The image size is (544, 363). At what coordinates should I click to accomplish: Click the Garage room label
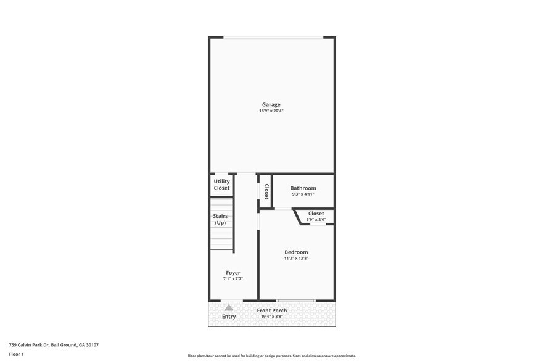click(271, 104)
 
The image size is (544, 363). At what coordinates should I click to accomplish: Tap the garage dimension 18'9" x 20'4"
click(271, 111)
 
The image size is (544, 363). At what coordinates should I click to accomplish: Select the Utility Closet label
click(222, 185)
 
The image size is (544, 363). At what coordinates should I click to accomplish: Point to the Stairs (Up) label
click(220, 219)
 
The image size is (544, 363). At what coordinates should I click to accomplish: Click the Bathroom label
click(303, 188)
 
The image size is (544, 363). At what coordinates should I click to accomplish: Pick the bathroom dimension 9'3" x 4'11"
click(303, 194)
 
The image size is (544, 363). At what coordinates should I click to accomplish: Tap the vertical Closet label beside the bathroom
click(266, 191)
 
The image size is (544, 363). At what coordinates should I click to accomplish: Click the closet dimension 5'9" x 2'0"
click(316, 220)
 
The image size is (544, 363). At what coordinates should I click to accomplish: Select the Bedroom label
click(296, 252)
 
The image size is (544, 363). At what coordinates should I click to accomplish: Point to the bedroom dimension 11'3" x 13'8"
click(296, 259)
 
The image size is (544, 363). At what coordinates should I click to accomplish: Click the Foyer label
click(233, 272)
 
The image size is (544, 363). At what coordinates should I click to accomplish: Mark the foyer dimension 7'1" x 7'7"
click(233, 279)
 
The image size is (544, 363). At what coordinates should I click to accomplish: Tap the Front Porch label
click(272, 310)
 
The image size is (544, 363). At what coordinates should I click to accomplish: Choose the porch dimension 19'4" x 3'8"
click(272, 317)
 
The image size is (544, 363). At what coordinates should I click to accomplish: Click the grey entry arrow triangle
click(229, 307)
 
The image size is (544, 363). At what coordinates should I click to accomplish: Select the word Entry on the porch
click(229, 317)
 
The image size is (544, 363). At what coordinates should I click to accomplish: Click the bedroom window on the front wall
click(296, 301)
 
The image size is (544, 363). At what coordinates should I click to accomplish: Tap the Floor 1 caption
click(16, 354)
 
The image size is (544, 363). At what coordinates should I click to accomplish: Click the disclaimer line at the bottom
click(272, 356)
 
